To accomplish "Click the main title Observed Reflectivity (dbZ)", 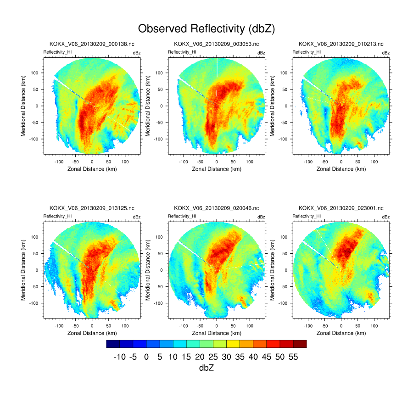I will pos(206,28).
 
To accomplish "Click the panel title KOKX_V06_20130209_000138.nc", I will pos(92,44).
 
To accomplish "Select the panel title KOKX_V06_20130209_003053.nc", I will pos(217,44).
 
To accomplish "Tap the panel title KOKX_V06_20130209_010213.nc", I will pos(341,44).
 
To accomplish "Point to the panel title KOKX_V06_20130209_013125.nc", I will pos(92,208).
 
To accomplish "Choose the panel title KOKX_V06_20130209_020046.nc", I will pos(217,208).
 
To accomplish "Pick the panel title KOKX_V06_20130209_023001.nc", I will pos(341,208).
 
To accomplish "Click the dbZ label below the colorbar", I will pos(206,368).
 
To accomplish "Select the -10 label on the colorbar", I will pos(119,357).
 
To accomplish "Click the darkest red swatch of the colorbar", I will pos(300,343).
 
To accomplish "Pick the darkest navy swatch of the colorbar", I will pos(113,343).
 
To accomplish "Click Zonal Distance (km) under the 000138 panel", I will pos(92,169).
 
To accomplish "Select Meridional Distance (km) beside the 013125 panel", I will pos(23,270).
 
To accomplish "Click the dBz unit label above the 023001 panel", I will pos(385,217).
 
